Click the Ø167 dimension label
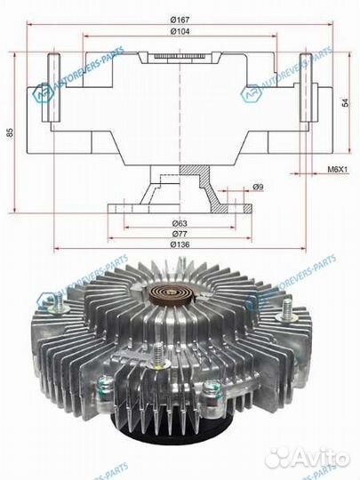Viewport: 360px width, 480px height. tap(180, 20)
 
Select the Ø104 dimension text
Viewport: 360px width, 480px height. tap(180, 31)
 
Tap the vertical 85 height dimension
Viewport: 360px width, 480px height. tap(11, 132)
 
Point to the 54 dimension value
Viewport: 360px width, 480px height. tap(345, 103)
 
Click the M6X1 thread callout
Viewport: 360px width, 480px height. tap(338, 169)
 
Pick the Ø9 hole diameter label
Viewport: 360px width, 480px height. tap(258, 187)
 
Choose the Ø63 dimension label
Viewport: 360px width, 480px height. tap(180, 223)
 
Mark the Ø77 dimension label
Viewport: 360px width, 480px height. tap(180, 234)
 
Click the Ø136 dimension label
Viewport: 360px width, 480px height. tap(180, 244)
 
